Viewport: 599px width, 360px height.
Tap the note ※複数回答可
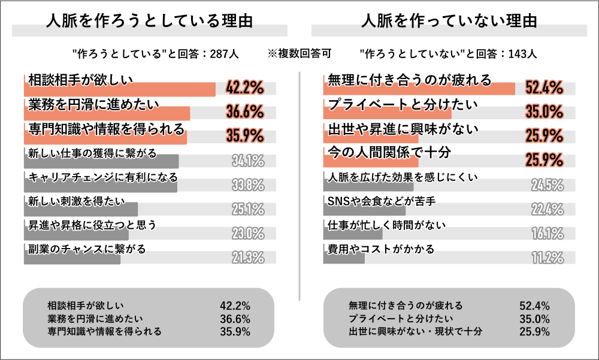click(x=299, y=53)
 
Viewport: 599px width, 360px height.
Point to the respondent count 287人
click(x=225, y=53)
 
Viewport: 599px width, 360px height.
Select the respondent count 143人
click(x=522, y=53)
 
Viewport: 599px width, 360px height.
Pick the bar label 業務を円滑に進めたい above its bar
click(x=93, y=104)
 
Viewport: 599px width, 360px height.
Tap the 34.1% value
click(x=248, y=161)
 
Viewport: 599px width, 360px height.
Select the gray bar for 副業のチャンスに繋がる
click(x=72, y=258)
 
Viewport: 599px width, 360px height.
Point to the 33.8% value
click(x=248, y=184)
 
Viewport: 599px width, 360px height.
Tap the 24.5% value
click(x=547, y=184)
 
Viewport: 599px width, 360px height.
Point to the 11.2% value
click(x=547, y=258)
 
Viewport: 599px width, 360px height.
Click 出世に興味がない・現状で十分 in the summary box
click(x=415, y=331)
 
